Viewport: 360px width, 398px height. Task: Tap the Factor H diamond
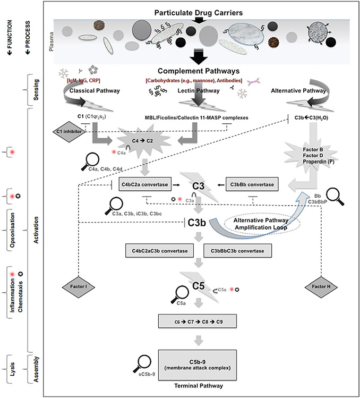coord(319,287)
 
